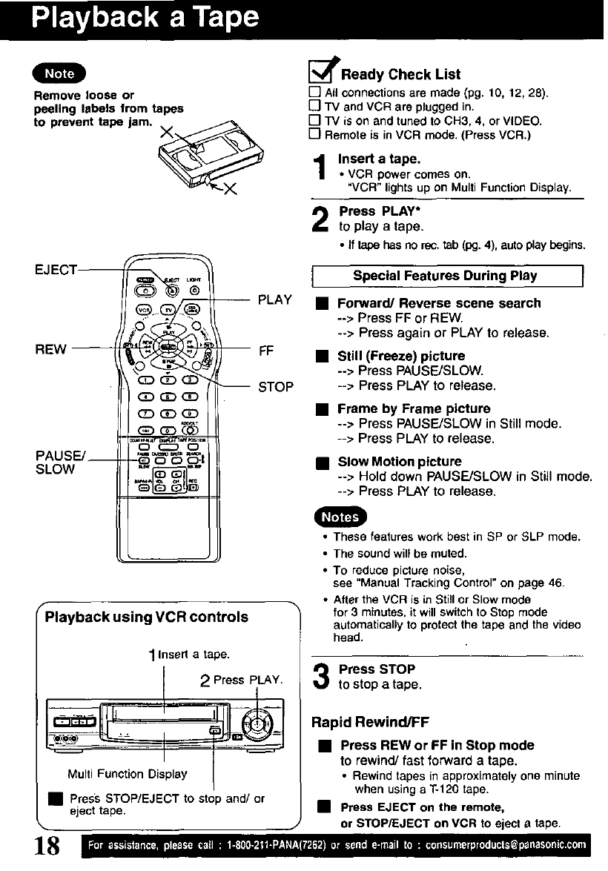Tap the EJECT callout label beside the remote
point(56,270)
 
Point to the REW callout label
point(52,348)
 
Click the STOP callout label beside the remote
point(275,386)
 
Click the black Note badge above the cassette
point(59,73)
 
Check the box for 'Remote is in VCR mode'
point(314,134)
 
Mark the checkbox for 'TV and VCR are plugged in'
point(314,107)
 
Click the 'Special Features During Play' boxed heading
point(445,276)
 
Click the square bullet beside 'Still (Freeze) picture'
point(320,357)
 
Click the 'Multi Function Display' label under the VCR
point(128,774)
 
